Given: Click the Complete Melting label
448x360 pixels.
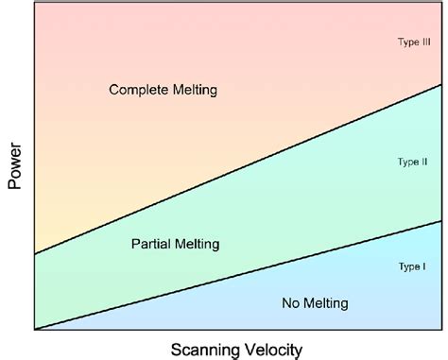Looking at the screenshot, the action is (164, 91).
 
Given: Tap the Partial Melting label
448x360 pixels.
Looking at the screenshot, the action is (175, 244).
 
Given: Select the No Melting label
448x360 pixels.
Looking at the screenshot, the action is (315, 303).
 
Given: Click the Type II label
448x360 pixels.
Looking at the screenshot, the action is (413, 163).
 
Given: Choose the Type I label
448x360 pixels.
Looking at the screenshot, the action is (412, 266).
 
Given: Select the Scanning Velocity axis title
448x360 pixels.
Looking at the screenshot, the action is (235, 348).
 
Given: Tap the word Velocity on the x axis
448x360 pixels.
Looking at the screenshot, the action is (273, 348).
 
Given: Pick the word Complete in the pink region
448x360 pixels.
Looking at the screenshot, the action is (138, 91).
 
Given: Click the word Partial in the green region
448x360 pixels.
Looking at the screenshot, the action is (149, 244).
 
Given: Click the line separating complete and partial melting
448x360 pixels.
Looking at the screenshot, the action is (236, 169).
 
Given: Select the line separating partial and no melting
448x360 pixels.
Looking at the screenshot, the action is (236, 275).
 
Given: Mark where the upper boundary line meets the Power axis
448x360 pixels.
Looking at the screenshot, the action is (34, 254).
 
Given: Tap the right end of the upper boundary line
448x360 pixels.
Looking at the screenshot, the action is (440, 85).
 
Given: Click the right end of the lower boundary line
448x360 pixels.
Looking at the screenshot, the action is (440, 221).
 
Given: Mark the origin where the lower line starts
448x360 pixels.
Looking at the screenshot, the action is (34, 329).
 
